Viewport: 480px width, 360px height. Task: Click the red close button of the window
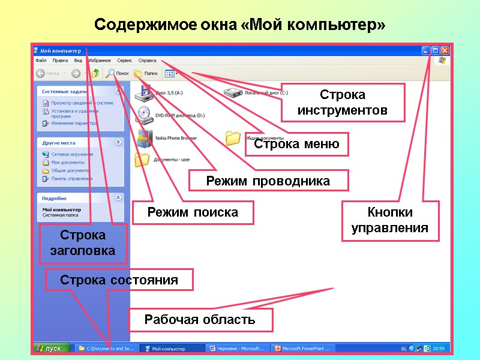(x=445, y=51)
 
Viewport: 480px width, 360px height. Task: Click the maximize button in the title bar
(x=436, y=51)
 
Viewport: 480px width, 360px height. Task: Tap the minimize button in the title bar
(x=426, y=51)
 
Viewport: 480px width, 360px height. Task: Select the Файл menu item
(x=41, y=61)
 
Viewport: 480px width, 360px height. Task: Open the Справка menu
(x=147, y=61)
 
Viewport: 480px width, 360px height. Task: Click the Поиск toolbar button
(x=118, y=73)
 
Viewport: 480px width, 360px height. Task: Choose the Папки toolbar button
(x=146, y=73)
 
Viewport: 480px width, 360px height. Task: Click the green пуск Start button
(x=49, y=348)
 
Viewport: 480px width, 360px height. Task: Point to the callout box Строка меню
(x=296, y=144)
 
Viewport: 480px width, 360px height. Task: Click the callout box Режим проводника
(x=268, y=181)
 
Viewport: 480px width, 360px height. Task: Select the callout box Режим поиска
(x=193, y=212)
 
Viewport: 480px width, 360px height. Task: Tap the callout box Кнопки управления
(x=390, y=220)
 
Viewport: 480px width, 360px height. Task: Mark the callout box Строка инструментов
(x=342, y=103)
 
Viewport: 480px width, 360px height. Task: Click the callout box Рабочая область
(x=200, y=320)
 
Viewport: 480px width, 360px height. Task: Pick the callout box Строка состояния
(x=119, y=280)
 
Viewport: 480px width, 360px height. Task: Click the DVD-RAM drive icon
(x=144, y=113)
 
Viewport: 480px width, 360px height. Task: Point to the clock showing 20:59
(x=439, y=348)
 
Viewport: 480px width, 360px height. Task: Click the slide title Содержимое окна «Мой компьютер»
(x=240, y=26)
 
